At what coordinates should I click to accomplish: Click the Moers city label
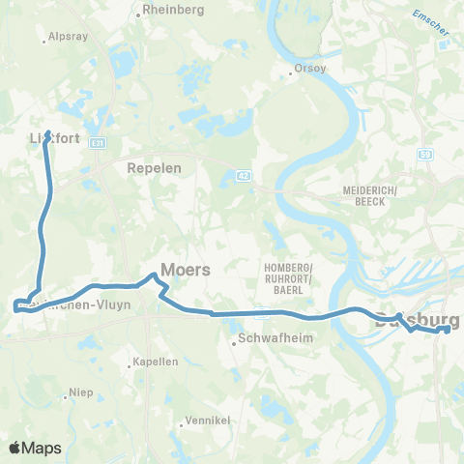(185, 270)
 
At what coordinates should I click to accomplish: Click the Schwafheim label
(270, 340)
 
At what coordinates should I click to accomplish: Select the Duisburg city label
(416, 320)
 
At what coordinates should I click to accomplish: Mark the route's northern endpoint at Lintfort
(47, 132)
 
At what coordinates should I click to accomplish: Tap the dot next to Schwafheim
(234, 340)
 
